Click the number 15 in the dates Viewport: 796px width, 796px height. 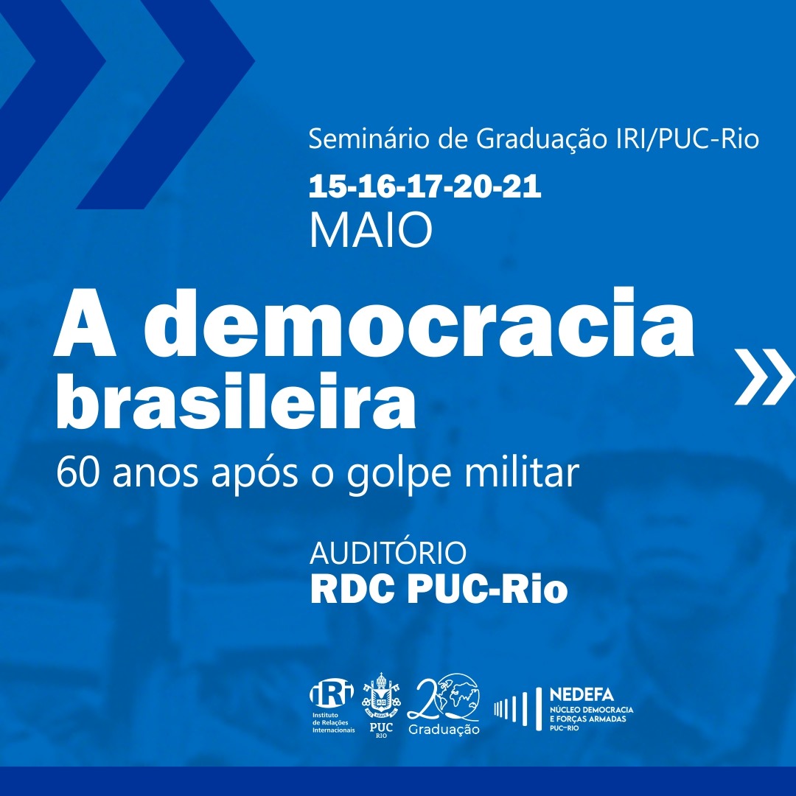327,186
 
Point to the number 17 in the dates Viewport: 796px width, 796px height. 424,186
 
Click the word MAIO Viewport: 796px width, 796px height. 371,230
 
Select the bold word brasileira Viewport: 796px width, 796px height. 236,401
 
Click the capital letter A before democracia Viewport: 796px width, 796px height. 85,327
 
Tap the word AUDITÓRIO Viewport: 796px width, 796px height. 388,552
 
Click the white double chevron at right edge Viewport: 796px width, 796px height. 764,377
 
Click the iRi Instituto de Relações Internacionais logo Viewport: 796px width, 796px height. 332,707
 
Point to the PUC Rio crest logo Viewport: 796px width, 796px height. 381,705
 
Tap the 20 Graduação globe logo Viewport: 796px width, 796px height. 444,704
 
